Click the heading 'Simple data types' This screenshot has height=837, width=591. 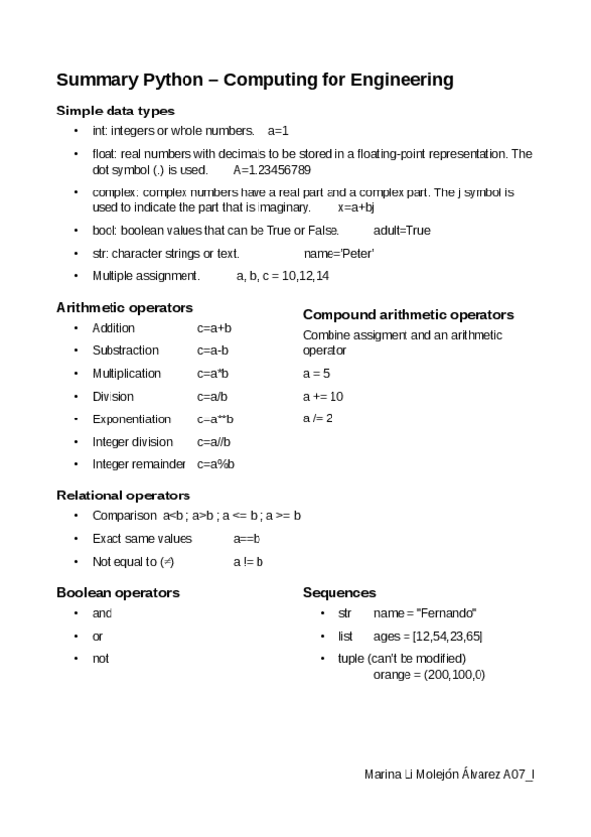tap(115, 111)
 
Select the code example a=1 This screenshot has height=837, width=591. tap(278, 130)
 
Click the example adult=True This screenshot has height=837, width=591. tap(402, 230)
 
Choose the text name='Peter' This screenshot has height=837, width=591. tap(338, 253)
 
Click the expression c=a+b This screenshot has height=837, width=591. tap(214, 328)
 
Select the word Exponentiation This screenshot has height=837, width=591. tap(131, 418)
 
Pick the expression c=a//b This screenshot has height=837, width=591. tap(213, 441)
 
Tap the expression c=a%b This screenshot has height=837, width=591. tap(215, 464)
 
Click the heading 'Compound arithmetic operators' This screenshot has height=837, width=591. tap(407, 315)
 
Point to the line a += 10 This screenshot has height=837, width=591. tap(323, 396)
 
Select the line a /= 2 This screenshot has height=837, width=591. tap(318, 418)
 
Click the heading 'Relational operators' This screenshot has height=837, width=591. tap(123, 495)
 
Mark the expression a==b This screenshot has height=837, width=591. tap(247, 538)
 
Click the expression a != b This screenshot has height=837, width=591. tap(248, 561)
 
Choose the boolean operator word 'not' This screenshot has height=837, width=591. tap(101, 658)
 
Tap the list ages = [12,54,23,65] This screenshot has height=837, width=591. tap(428, 636)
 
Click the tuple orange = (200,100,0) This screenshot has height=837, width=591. tap(429, 675)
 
